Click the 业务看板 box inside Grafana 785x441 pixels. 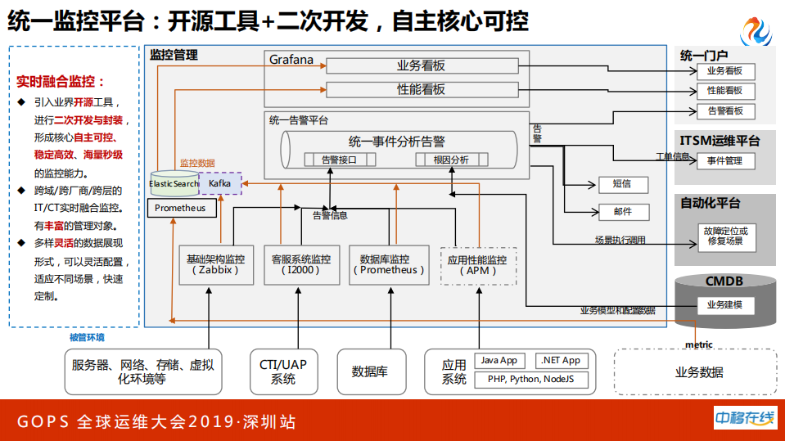pyautogui.click(x=422, y=65)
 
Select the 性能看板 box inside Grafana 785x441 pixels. pyautogui.click(x=422, y=89)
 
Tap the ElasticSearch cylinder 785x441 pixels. pyautogui.click(x=174, y=183)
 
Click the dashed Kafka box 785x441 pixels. pyautogui.click(x=220, y=183)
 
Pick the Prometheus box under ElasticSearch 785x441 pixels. pyautogui.click(x=182, y=209)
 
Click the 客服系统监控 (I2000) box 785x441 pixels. pyautogui.click(x=301, y=264)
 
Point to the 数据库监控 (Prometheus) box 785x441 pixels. pyautogui.click(x=389, y=264)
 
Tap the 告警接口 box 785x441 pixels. pyautogui.click(x=338, y=160)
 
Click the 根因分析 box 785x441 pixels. pyautogui.click(x=452, y=160)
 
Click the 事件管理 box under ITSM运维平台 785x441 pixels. pyautogui.click(x=725, y=160)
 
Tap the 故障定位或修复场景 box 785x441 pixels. pyautogui.click(x=725, y=236)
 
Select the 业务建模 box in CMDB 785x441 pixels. pyautogui.click(x=725, y=305)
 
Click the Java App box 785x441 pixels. pyautogui.click(x=499, y=361)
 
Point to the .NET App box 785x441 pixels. pyautogui.click(x=560, y=361)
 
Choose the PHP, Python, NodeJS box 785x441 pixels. pyautogui.click(x=531, y=380)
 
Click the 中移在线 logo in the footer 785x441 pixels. pyautogui.click(x=745, y=418)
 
